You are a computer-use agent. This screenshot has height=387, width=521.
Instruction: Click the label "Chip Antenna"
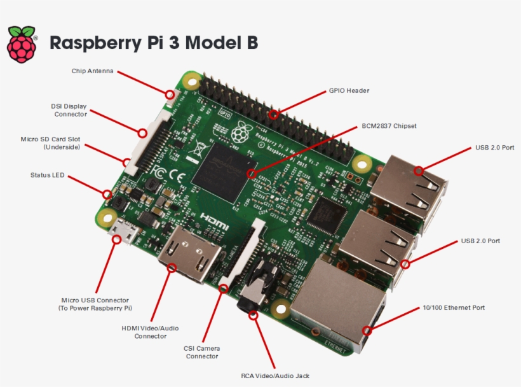click(x=92, y=71)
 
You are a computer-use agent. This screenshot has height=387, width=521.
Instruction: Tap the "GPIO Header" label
click(x=349, y=91)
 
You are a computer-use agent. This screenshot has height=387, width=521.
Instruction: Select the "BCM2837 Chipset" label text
click(x=389, y=126)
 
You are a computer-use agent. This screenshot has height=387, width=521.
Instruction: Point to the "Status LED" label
click(x=47, y=174)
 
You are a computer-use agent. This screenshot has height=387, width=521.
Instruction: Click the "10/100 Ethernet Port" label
click(x=454, y=307)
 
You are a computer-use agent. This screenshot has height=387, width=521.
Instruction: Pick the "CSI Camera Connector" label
click(x=202, y=352)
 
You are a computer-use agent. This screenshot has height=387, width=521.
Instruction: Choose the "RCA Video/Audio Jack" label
click(x=275, y=376)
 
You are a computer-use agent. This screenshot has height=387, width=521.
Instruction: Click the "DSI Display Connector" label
click(x=69, y=109)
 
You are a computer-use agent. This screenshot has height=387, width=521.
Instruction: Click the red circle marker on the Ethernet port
click(x=367, y=330)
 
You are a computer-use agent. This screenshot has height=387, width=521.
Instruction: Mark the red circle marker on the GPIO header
click(x=274, y=115)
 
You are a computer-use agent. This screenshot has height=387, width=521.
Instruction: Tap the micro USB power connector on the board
click(x=123, y=234)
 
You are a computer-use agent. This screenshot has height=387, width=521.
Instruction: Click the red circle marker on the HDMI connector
click(x=171, y=268)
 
